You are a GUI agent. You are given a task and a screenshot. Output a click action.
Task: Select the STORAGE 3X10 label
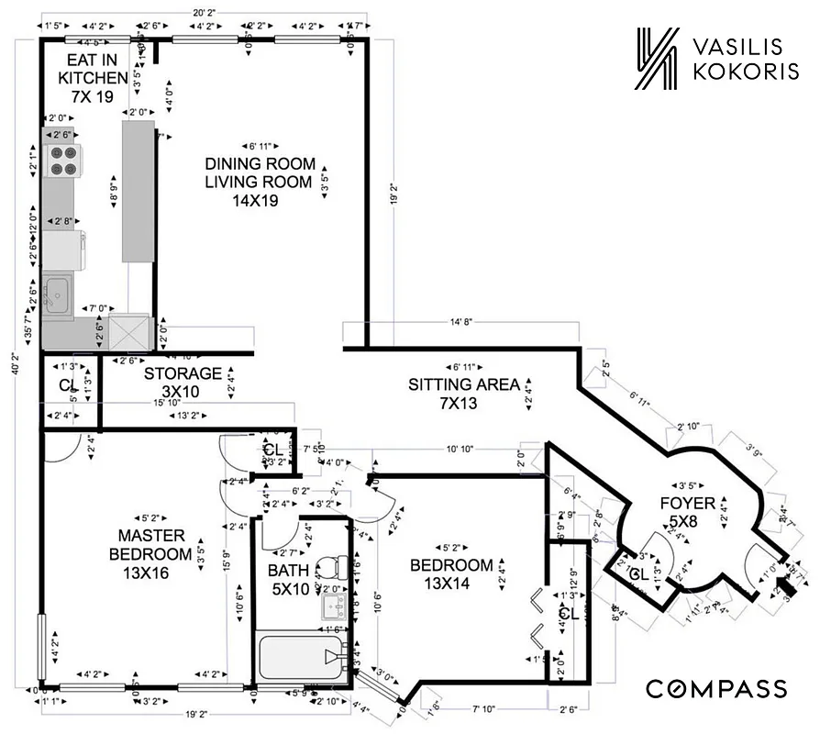tap(183, 383)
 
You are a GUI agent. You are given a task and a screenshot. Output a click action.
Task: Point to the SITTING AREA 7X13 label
tap(463, 393)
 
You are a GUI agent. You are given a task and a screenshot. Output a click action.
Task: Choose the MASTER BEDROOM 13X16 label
tap(150, 553)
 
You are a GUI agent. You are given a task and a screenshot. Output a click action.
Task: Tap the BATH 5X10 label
tap(289, 579)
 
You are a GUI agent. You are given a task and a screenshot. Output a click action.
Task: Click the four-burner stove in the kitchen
tap(63, 161)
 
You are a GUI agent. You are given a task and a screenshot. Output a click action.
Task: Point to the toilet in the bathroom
tap(328, 571)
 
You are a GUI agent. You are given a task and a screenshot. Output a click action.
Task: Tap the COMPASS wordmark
tap(716, 688)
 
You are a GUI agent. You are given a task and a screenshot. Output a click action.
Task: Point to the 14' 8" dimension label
tap(461, 323)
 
